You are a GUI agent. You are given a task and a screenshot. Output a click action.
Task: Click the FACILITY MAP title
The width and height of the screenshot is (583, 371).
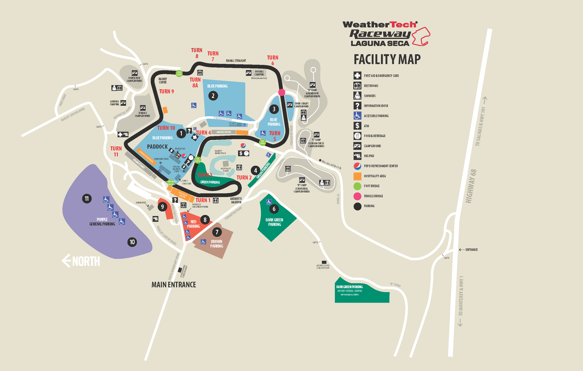coord(387,59)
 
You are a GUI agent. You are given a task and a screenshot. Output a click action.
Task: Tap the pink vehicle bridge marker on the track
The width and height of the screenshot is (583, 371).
coord(282,92)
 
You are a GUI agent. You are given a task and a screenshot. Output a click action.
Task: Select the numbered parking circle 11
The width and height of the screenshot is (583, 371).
coord(87,199)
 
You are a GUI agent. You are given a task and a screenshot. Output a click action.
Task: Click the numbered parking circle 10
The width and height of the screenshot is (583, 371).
coord(132,242)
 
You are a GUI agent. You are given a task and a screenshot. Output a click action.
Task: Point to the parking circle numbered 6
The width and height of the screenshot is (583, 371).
coord(274,209)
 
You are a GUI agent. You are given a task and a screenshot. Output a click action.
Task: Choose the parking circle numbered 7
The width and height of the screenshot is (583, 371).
coord(217,232)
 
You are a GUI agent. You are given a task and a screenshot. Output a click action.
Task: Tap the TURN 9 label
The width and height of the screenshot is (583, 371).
coord(166,91)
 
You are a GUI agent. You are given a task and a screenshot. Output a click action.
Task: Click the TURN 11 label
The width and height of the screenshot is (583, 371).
coord(116,151)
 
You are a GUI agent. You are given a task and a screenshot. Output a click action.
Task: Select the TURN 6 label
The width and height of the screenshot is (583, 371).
coord(272,60)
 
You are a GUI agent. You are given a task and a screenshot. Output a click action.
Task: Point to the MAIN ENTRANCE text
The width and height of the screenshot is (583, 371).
coord(174,285)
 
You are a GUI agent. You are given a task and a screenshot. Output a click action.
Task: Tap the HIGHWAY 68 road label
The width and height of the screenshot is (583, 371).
coord(471,186)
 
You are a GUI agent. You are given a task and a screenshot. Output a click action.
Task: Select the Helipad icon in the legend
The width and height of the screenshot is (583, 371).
coord(357,156)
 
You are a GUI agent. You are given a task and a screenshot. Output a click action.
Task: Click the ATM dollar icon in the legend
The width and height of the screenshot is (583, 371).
coord(357,126)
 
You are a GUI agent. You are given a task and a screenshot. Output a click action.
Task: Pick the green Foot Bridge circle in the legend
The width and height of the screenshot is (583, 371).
coord(357,186)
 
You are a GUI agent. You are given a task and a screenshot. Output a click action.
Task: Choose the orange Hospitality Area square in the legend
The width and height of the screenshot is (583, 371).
coord(357,176)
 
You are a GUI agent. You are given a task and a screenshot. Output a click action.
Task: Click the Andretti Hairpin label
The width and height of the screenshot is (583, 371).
coord(236,201)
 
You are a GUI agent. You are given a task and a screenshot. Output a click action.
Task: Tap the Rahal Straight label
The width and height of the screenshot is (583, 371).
coord(236,61)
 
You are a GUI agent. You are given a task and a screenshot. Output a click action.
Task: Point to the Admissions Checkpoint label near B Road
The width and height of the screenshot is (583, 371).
coord(323,267)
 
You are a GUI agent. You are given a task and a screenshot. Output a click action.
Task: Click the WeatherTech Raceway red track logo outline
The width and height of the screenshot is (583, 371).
coord(421,36)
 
